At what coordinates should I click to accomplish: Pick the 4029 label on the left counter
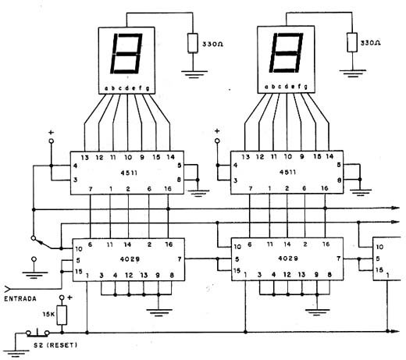tap(129, 256)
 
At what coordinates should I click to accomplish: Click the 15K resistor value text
tap(48, 315)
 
